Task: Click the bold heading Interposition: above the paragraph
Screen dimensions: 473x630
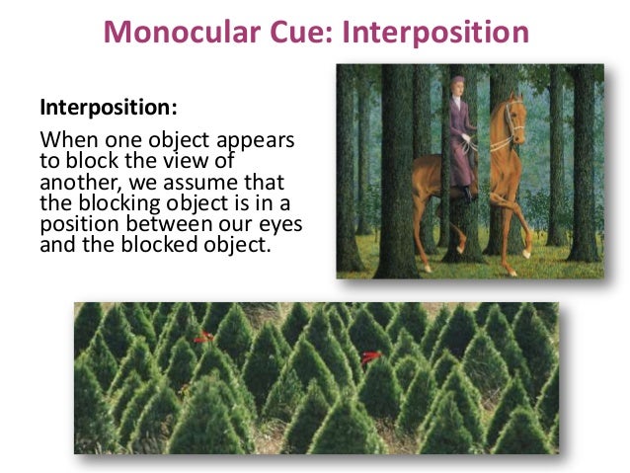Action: tap(99, 105)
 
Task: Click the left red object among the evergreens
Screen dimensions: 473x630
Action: tap(203, 338)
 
